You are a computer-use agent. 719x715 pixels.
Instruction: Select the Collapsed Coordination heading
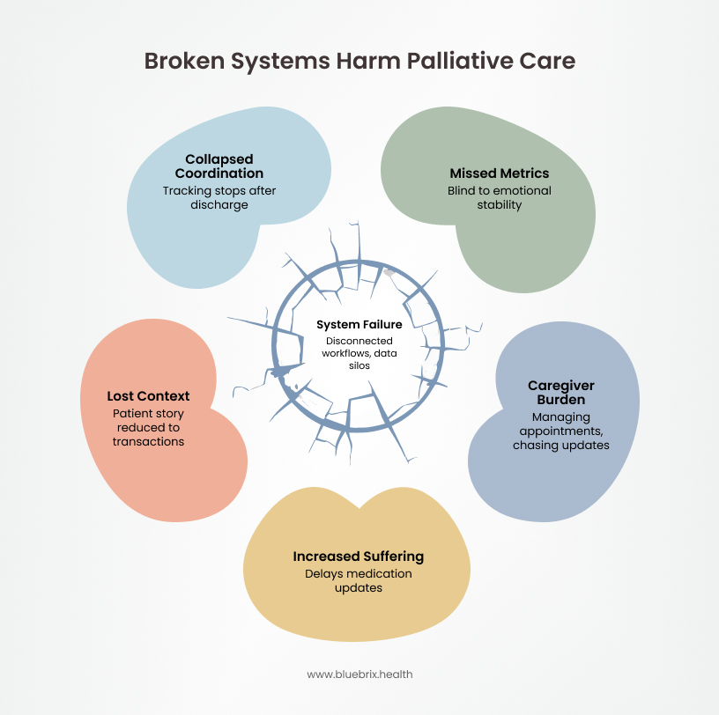pyautogui.click(x=219, y=166)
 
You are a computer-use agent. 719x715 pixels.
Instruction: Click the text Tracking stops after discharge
pyautogui.click(x=219, y=197)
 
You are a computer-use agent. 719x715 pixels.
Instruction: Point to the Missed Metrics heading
pyautogui.click(x=500, y=173)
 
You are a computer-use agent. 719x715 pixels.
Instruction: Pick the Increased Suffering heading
pyautogui.click(x=359, y=557)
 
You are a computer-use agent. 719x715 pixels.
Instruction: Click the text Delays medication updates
pyautogui.click(x=359, y=580)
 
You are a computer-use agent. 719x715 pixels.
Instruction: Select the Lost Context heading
pyautogui.click(x=148, y=396)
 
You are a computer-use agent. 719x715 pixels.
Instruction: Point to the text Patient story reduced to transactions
pyautogui.click(x=148, y=427)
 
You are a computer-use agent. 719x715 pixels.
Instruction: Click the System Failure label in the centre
pyautogui.click(x=359, y=325)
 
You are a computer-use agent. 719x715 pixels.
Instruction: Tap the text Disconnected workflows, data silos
pyautogui.click(x=359, y=352)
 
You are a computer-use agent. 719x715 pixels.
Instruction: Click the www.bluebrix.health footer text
pyautogui.click(x=359, y=674)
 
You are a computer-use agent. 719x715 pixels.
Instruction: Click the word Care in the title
pyautogui.click(x=551, y=61)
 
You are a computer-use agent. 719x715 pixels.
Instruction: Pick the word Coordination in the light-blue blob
pyautogui.click(x=219, y=173)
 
